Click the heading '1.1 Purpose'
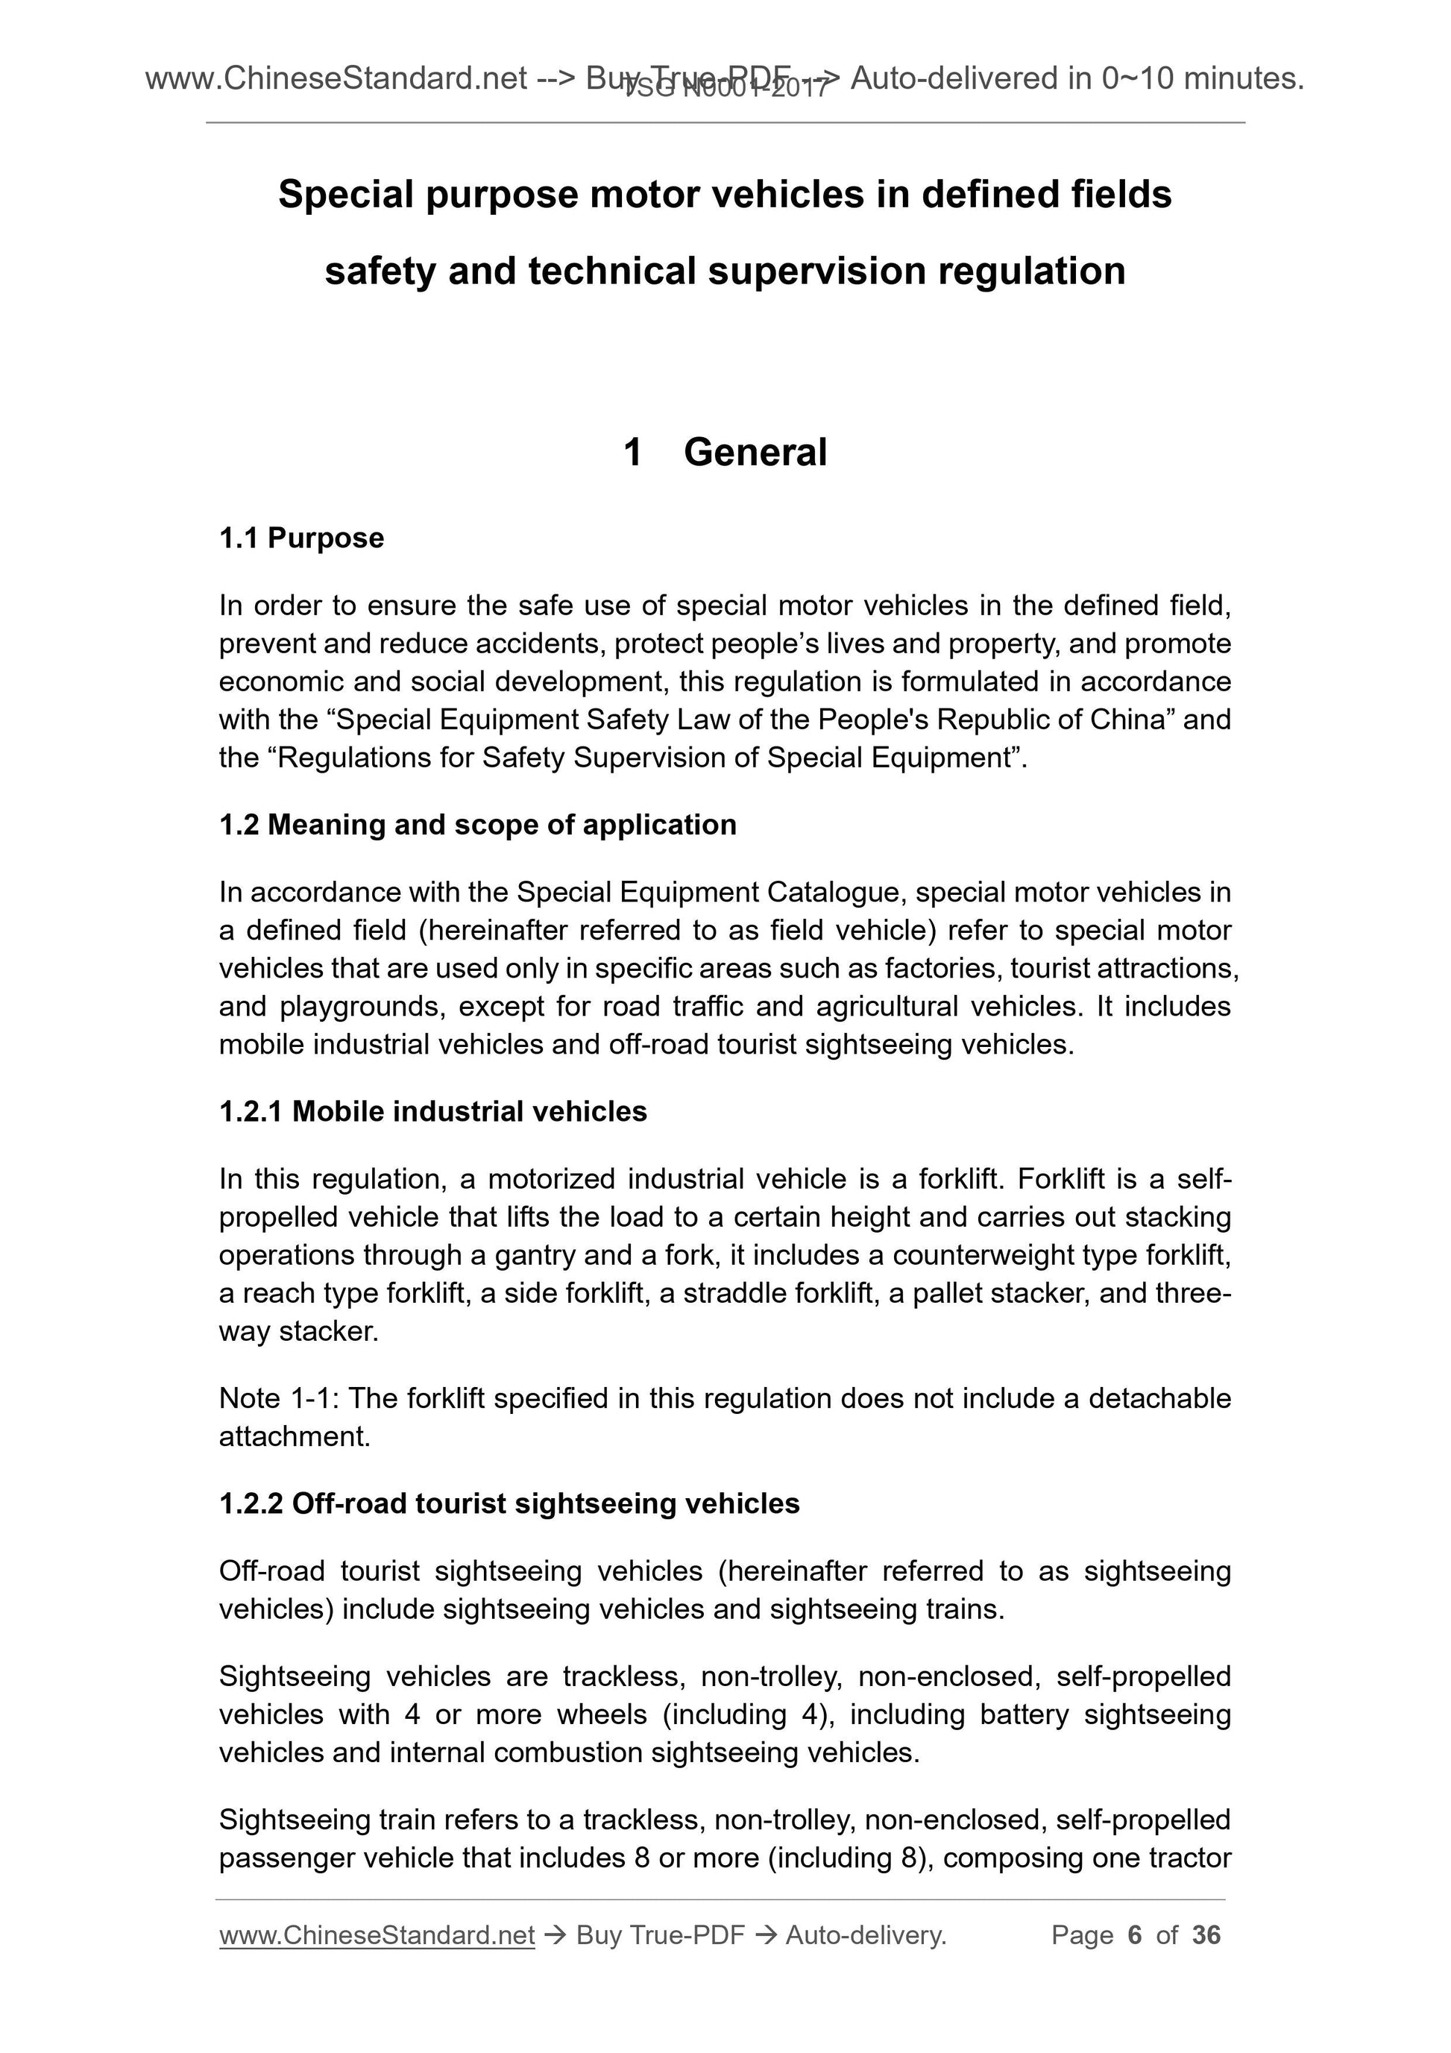[301, 538]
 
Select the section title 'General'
[755, 453]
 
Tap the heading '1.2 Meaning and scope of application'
[477, 825]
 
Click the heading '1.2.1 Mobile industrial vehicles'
[432, 1111]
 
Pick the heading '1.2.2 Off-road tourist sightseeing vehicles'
[509, 1503]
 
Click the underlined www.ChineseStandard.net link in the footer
[377, 1935]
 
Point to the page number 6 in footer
[1135, 1935]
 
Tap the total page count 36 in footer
[1206, 1935]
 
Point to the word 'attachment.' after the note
[294, 1437]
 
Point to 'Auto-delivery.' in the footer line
[866, 1935]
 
